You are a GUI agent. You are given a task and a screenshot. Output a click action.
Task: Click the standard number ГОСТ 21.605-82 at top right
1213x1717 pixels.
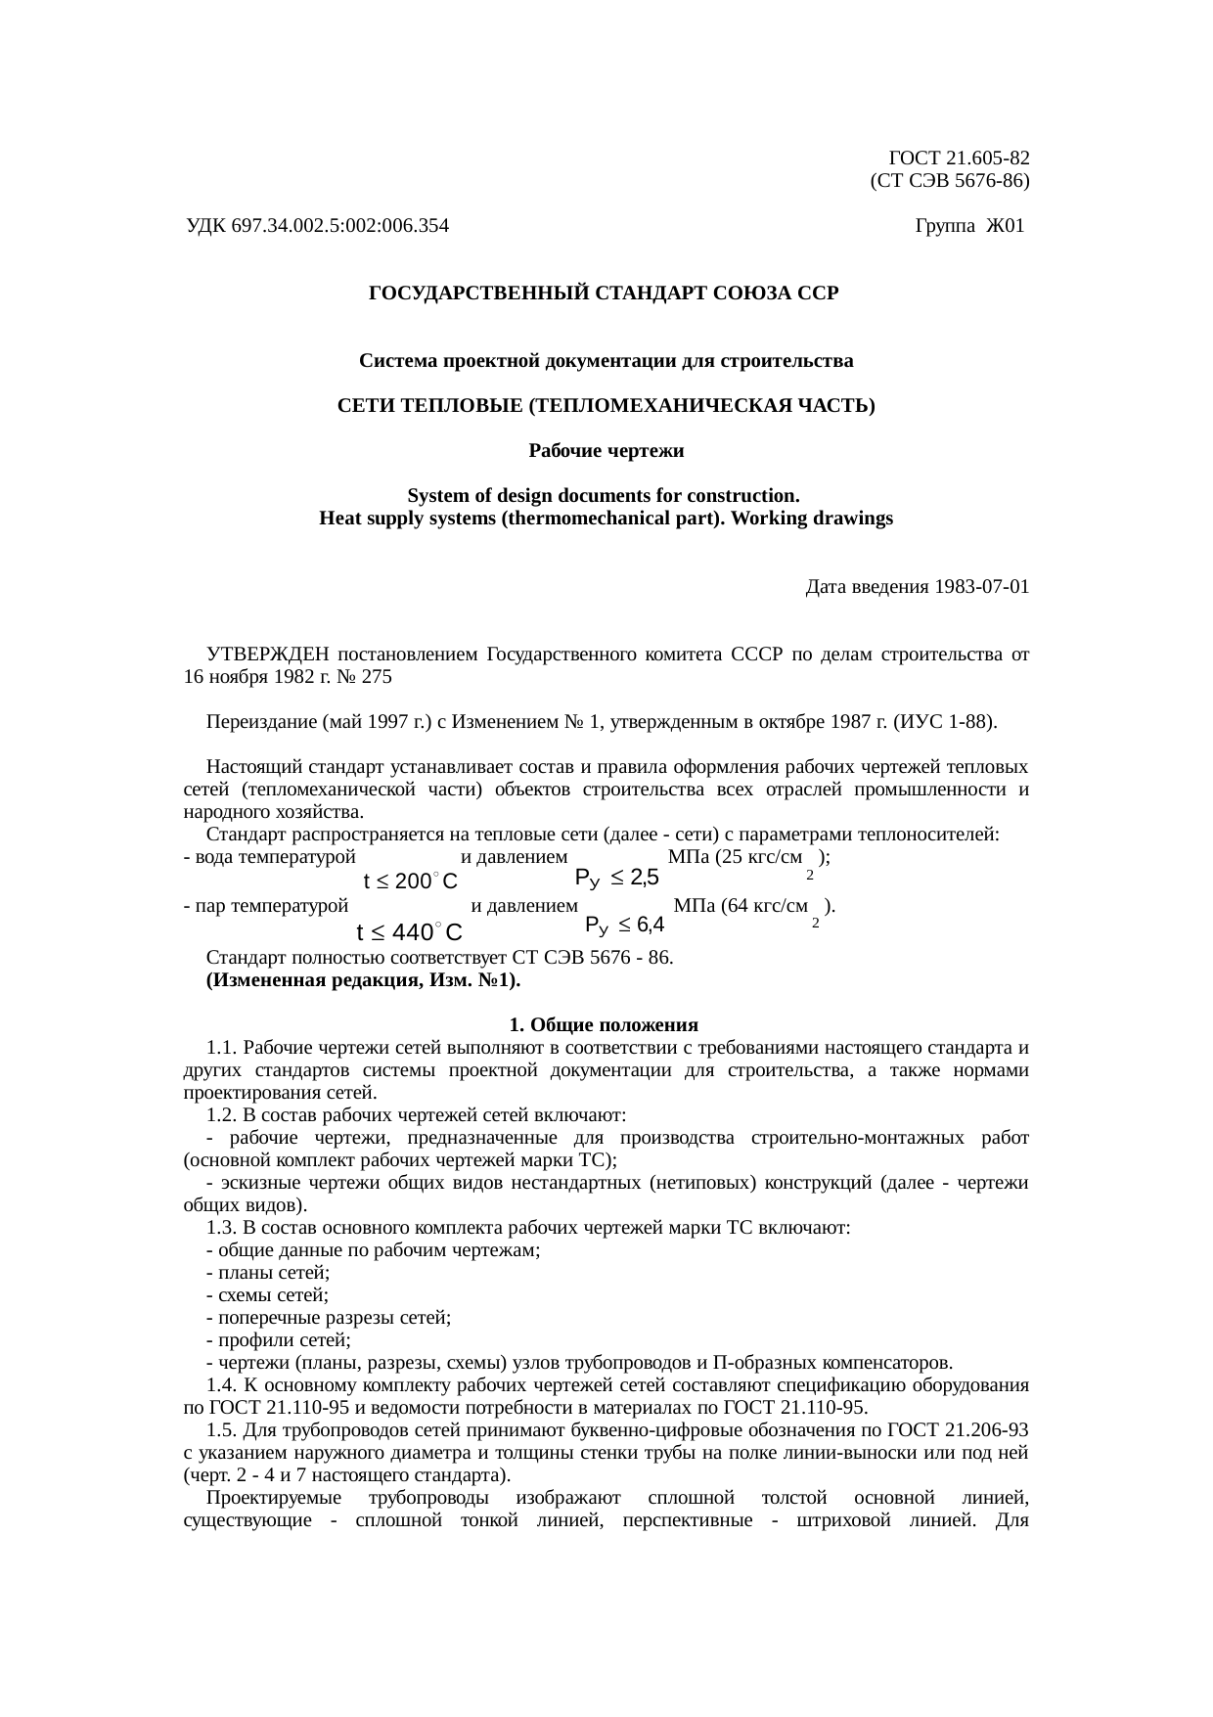click(959, 158)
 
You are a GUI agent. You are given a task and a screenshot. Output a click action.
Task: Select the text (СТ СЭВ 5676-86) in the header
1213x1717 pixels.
click(949, 181)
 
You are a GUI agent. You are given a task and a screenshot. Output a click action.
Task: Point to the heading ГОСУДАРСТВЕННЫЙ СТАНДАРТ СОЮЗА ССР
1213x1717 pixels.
click(604, 294)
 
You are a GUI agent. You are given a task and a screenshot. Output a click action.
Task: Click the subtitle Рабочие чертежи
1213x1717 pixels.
click(606, 452)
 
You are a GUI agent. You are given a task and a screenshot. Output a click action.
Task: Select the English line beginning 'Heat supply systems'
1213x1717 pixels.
click(606, 520)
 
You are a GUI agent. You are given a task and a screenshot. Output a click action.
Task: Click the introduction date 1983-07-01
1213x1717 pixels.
click(981, 587)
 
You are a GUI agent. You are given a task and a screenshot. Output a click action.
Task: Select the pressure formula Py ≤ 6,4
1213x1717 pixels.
click(624, 925)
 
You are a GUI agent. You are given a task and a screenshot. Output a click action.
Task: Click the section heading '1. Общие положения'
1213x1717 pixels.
click(604, 1025)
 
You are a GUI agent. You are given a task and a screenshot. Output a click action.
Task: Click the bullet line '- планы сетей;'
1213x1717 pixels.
click(268, 1273)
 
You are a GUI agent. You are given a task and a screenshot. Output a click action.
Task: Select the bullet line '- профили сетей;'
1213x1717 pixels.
click(279, 1340)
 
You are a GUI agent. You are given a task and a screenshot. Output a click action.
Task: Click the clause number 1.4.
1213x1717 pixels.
click(220, 1385)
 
